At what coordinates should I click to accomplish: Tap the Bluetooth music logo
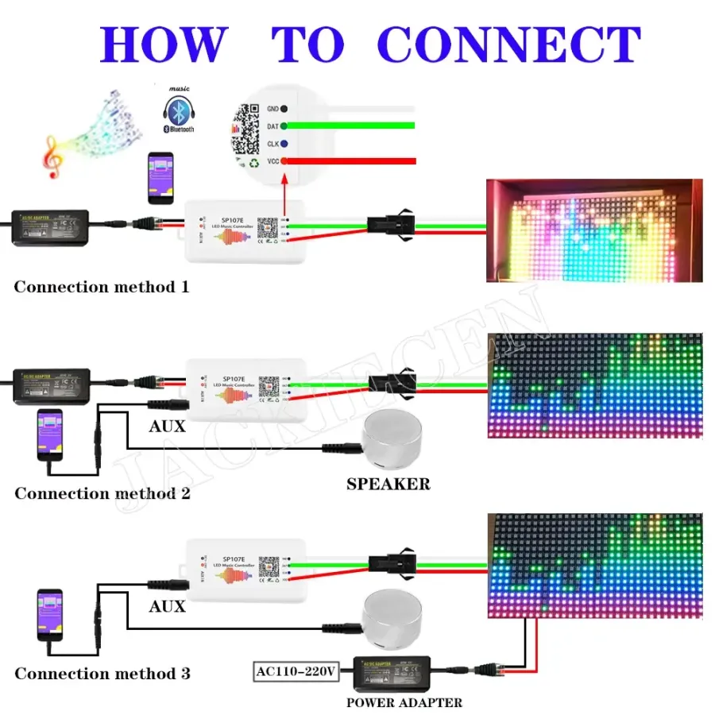click(x=178, y=111)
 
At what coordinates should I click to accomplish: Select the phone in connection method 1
click(x=160, y=179)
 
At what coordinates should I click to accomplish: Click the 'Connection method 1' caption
click(x=102, y=287)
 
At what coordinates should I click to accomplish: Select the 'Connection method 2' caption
click(x=102, y=493)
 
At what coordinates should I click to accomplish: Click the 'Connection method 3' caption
click(x=102, y=674)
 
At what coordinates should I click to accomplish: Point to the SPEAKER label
click(x=388, y=484)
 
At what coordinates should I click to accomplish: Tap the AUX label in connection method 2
click(x=167, y=427)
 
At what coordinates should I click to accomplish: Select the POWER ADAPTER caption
click(x=404, y=702)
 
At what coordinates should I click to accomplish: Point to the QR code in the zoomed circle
click(x=245, y=132)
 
